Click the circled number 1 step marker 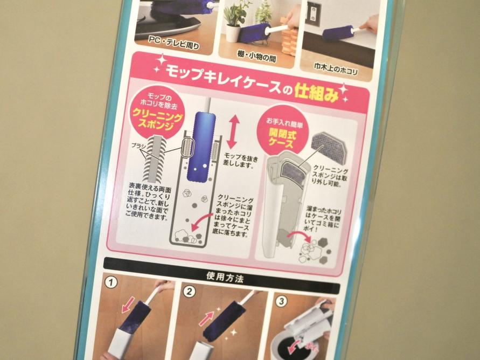[x=110, y=282]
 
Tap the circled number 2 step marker [x=189, y=291]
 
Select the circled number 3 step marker [x=281, y=301]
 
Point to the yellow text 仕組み [x=317, y=93]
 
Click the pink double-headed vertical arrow [x=233, y=131]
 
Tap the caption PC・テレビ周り [x=173, y=43]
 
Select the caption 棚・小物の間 [x=256, y=56]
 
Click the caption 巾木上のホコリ [x=336, y=68]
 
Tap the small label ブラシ [x=138, y=146]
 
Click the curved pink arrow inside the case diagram [x=200, y=223]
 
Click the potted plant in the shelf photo [x=235, y=22]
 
